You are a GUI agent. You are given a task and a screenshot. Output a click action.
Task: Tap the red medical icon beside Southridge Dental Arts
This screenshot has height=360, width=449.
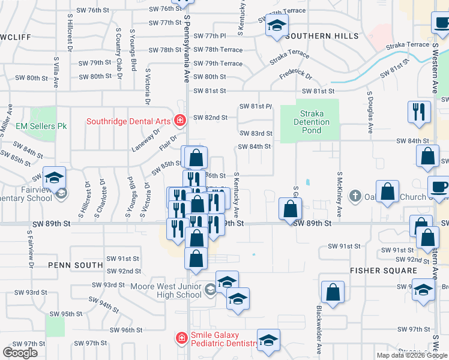coord(179,121)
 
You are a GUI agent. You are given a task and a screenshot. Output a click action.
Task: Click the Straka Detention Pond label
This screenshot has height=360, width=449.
coord(316,122)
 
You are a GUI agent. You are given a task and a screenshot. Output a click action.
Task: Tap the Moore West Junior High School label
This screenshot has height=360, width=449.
coord(166,291)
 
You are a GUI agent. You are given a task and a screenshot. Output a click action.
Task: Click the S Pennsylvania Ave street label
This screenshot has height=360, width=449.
coord(187,48)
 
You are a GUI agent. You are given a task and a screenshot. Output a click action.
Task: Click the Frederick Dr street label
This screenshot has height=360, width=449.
coord(296,76)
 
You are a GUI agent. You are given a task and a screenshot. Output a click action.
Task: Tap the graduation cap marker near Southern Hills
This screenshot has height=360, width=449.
coord(277,26)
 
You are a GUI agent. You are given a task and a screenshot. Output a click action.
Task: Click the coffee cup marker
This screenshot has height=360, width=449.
coord(438,186)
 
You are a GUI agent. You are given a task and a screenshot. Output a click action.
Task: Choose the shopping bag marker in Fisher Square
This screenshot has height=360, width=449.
coord(333,292)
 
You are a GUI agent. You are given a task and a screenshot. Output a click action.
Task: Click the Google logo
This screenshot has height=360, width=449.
coord(20,352)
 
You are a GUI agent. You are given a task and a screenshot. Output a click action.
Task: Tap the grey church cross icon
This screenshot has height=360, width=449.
coord(355,196)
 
